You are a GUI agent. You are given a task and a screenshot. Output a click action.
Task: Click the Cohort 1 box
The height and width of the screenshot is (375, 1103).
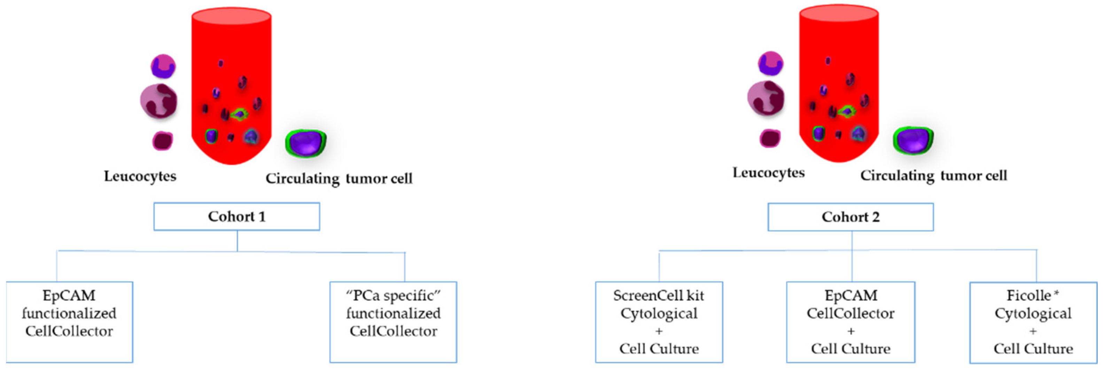point(236,216)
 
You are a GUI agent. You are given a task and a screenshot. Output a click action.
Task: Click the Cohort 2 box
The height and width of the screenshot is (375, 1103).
point(850,217)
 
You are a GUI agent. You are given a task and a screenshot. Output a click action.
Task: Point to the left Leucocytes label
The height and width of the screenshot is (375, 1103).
point(140,176)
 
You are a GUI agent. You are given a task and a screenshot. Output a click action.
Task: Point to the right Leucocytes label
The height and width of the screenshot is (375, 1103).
point(769,173)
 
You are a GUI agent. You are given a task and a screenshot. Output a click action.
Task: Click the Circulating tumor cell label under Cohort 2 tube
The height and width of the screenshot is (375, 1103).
point(933,175)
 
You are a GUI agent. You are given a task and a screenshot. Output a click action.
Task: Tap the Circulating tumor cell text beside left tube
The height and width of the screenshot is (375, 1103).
point(339,178)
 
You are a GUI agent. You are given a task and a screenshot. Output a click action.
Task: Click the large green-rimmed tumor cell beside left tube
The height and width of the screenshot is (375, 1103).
point(306,143)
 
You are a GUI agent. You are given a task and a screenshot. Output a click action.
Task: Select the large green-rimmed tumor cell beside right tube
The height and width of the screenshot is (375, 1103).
point(913,140)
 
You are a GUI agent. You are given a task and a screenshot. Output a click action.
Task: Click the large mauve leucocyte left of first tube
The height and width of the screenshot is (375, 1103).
point(158,101)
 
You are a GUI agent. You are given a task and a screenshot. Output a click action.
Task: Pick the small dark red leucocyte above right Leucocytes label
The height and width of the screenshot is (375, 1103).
point(770,138)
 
